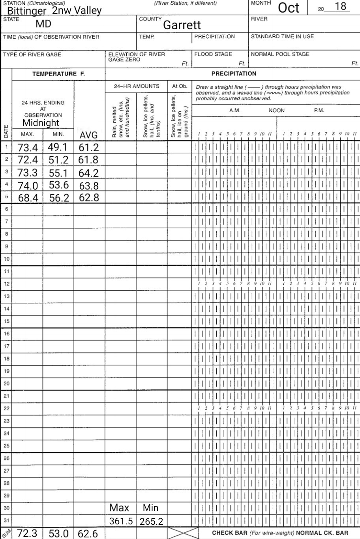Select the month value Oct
point(289,8)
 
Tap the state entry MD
point(43,24)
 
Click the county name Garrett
point(182,25)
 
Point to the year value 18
point(340,7)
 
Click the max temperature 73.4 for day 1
point(28,148)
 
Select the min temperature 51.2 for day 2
point(58,160)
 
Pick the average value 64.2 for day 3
point(88,173)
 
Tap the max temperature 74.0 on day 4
point(28,185)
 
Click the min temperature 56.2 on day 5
point(58,198)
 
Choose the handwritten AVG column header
point(88,135)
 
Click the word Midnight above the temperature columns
point(41,123)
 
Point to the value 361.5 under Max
point(121,521)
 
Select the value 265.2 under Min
point(151,522)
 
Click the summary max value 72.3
point(27,533)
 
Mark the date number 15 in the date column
point(6,321)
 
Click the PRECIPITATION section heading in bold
point(234,73)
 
